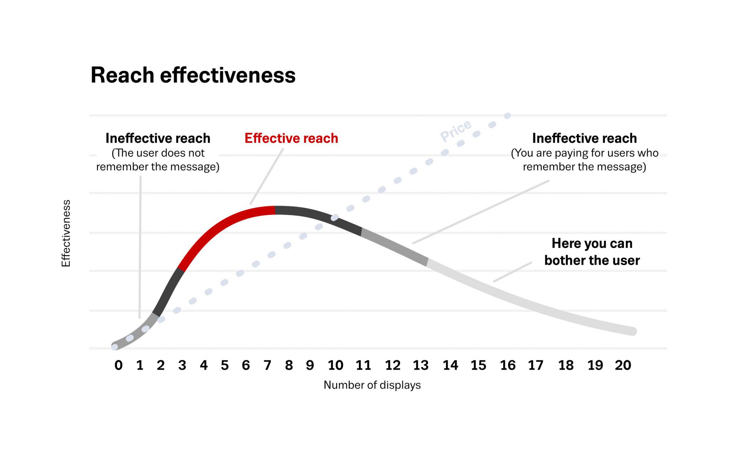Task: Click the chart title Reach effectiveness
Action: (x=193, y=75)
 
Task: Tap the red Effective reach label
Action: (x=291, y=138)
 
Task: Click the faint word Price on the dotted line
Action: (x=456, y=131)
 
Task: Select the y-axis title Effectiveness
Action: (x=66, y=233)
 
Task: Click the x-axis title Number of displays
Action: (x=372, y=385)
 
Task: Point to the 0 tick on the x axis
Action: (x=119, y=365)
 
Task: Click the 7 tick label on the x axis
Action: (x=267, y=365)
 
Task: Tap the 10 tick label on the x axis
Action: (x=335, y=365)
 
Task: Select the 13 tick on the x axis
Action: (x=421, y=365)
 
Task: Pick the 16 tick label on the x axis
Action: (x=508, y=365)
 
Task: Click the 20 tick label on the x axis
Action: (x=623, y=365)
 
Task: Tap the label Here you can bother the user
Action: (x=592, y=252)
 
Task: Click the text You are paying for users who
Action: (x=584, y=153)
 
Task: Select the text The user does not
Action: (x=158, y=153)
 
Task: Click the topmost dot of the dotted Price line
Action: (x=508, y=115)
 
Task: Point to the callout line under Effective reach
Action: (x=267, y=176)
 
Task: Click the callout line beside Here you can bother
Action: (x=513, y=272)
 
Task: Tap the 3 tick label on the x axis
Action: (x=182, y=365)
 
